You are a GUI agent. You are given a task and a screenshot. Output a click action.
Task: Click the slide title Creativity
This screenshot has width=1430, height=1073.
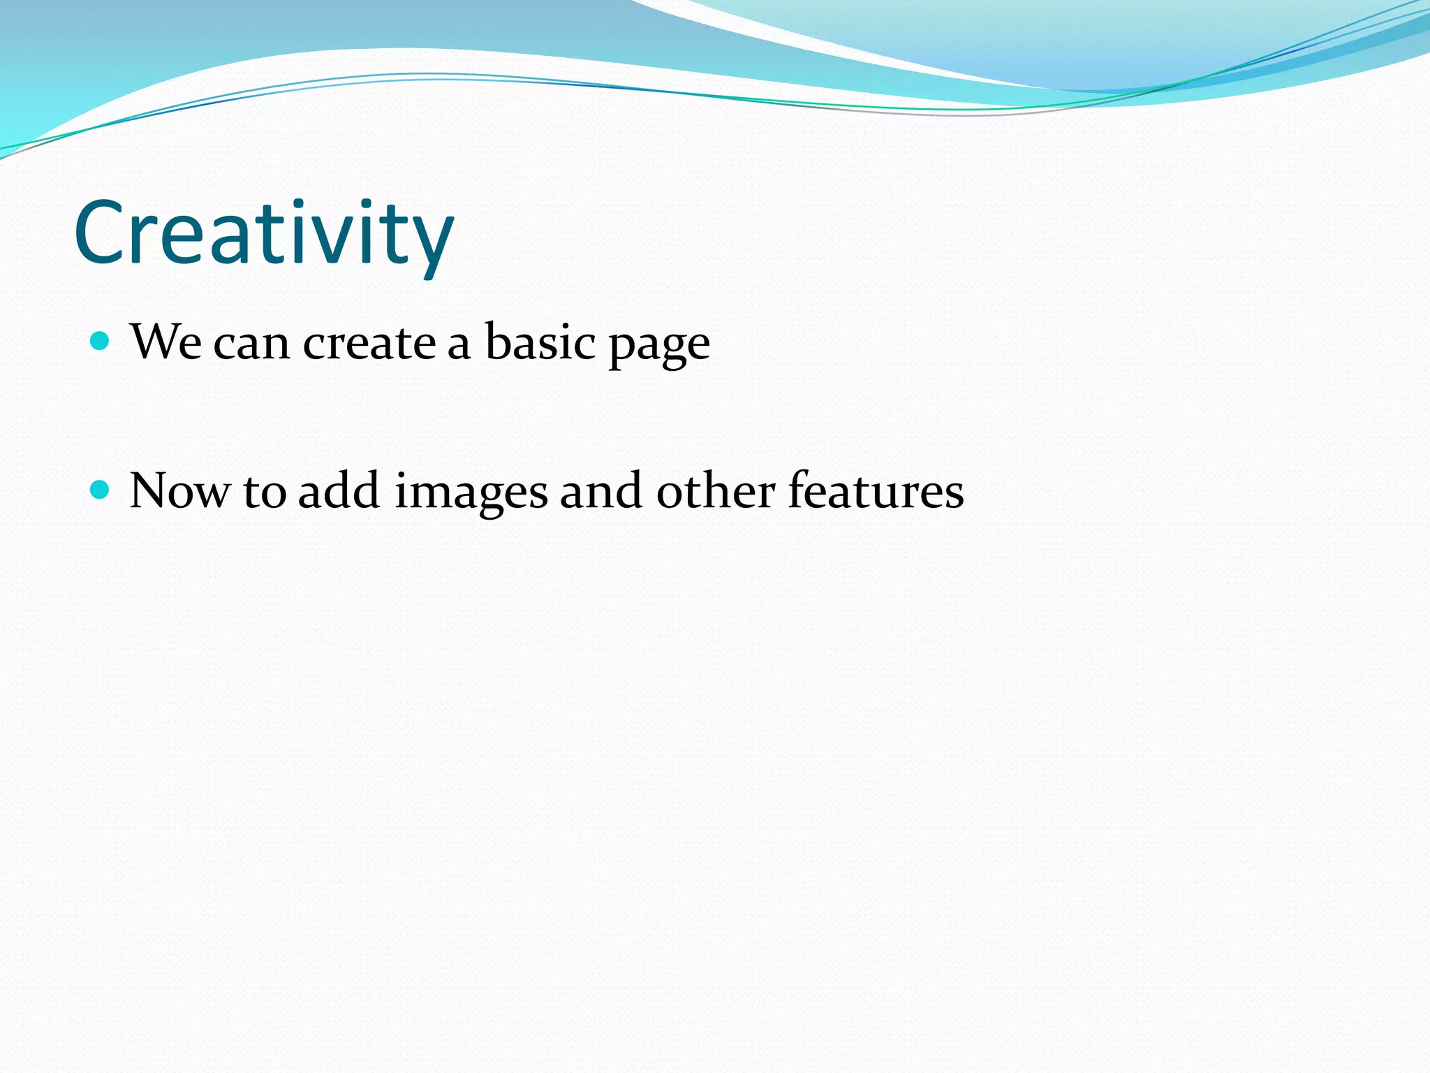(x=264, y=234)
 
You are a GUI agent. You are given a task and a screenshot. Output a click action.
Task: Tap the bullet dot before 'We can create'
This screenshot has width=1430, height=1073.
(x=101, y=342)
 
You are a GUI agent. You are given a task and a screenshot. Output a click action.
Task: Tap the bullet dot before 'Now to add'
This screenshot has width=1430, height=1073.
(x=101, y=490)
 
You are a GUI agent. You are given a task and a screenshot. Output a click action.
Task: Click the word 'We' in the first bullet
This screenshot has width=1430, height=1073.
(x=165, y=343)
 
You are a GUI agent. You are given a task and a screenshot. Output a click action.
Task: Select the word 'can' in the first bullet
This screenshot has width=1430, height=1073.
(x=251, y=346)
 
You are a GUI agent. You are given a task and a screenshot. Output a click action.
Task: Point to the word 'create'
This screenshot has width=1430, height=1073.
(x=369, y=344)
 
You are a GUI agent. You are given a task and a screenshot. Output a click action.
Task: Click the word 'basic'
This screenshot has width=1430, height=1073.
(x=540, y=342)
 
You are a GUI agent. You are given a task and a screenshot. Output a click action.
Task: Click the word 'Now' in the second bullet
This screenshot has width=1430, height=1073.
(x=179, y=492)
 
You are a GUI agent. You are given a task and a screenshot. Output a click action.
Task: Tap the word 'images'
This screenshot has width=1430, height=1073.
(x=471, y=495)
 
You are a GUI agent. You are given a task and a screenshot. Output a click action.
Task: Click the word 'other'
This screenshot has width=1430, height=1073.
(x=716, y=491)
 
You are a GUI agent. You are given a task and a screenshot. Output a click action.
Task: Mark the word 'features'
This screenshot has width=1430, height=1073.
(x=876, y=491)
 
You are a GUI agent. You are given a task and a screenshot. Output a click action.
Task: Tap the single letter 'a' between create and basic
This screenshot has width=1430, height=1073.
(x=459, y=346)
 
